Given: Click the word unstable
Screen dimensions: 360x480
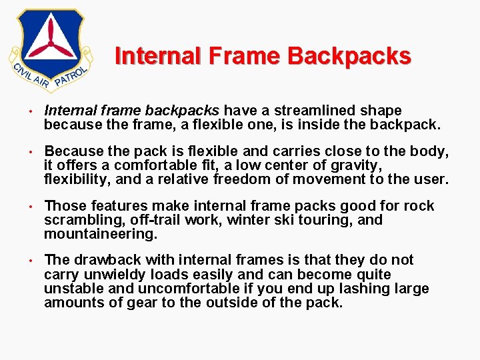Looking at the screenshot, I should tap(72, 289).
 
